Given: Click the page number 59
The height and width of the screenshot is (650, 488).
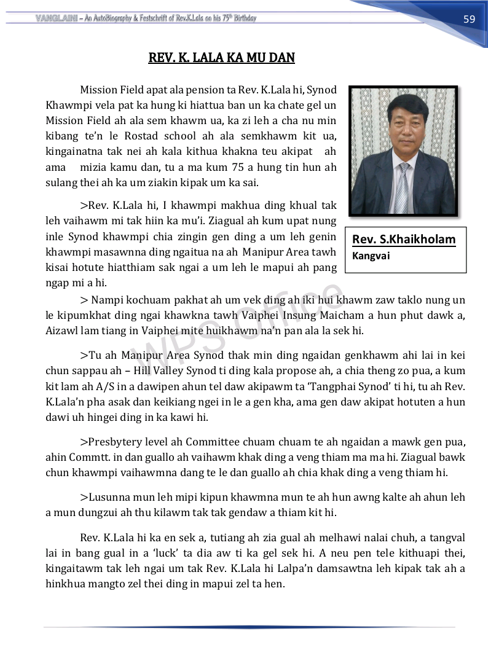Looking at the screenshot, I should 469,19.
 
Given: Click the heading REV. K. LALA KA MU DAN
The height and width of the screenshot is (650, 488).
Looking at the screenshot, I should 222,58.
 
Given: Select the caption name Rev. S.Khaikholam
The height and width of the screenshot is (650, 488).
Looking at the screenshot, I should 404,240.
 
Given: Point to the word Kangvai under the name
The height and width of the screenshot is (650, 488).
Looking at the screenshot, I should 371,255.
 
